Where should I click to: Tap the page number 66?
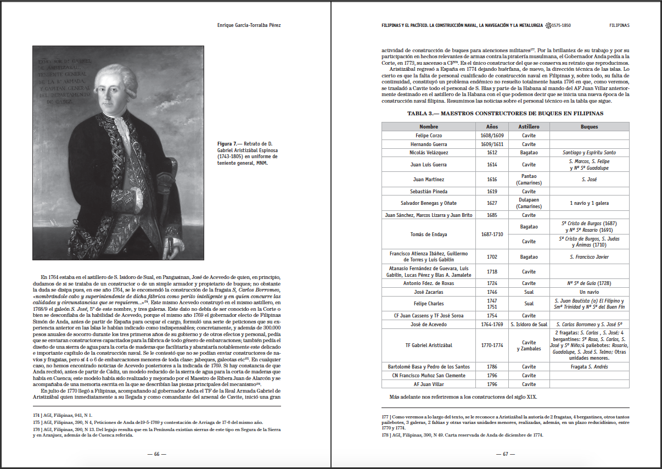pos(156,454)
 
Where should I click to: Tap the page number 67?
pos(506,454)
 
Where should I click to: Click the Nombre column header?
pos(429,127)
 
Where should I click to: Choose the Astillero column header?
pos(529,127)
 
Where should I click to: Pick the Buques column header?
pos(589,127)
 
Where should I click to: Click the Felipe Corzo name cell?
pos(429,136)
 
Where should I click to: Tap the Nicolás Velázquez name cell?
pos(429,153)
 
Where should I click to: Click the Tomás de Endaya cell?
pos(429,235)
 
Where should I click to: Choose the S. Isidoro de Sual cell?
pos(529,325)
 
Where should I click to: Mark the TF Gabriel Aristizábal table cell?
pos(429,345)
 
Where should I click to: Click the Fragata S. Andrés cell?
pos(589,367)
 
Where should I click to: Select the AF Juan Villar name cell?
pos(429,384)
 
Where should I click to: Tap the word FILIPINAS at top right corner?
pos(619,25)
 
